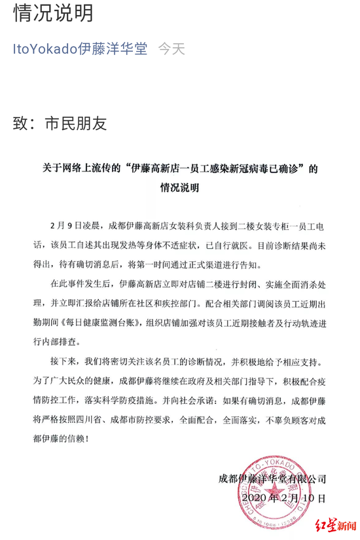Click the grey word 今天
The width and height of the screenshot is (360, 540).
[171, 49]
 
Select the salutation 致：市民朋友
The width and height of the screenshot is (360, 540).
[60, 123]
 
